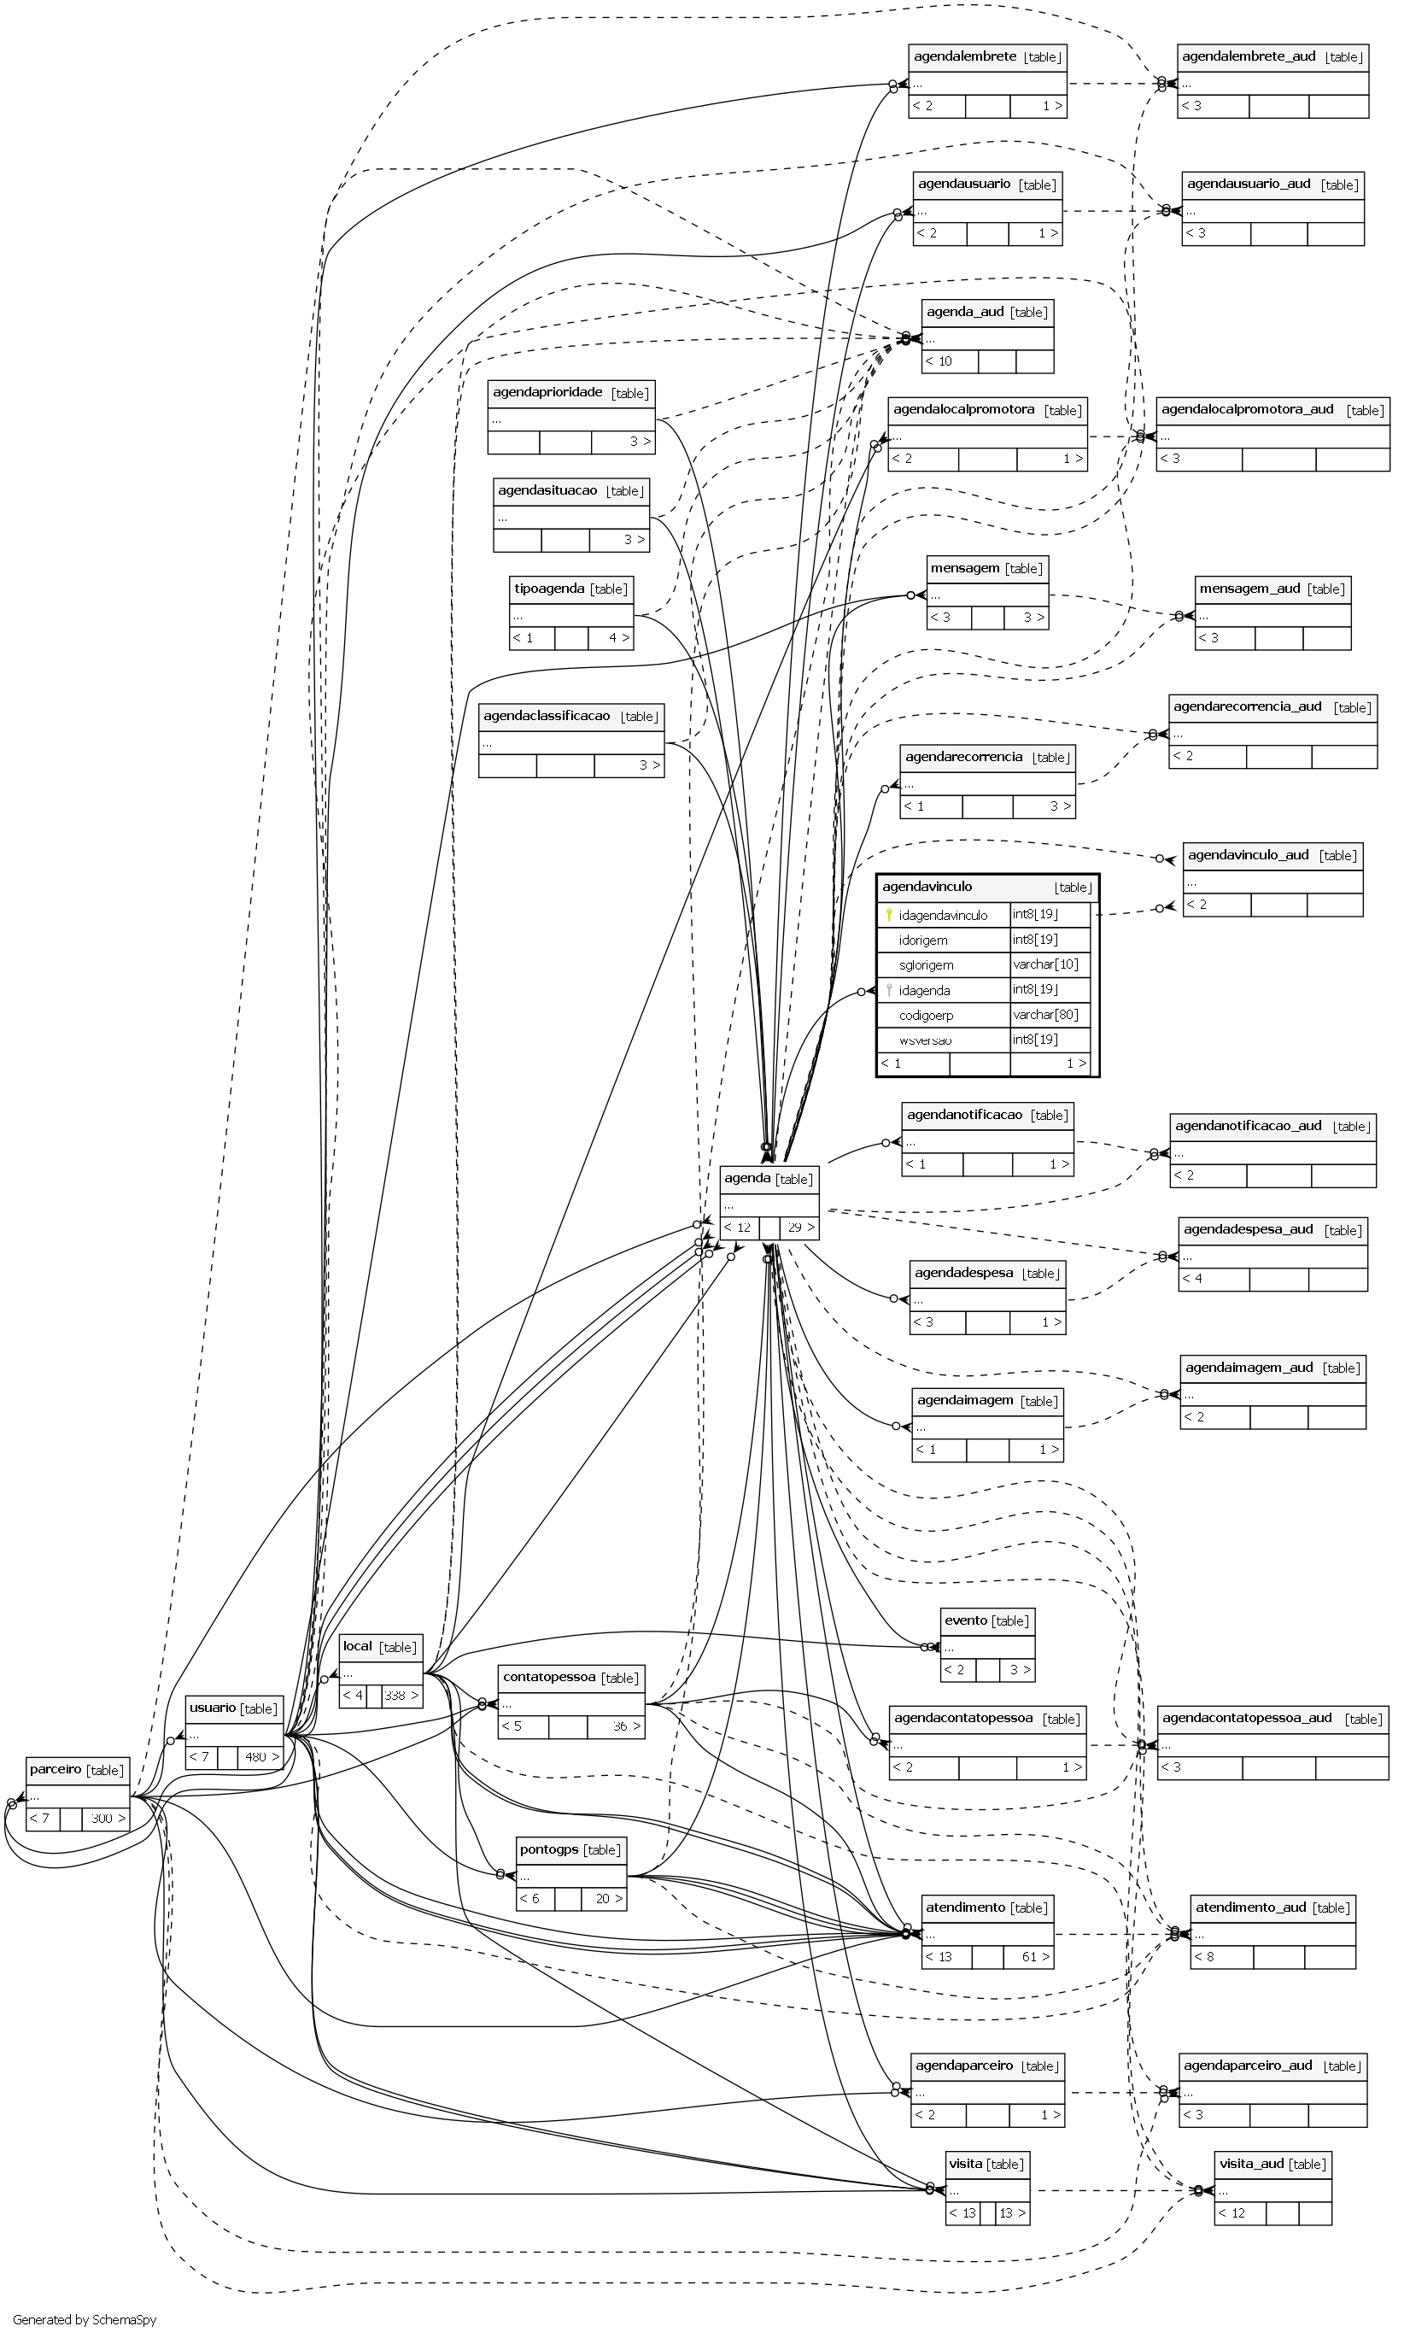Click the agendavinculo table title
tap(927, 887)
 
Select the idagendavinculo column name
tap(943, 915)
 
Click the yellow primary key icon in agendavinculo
tap(889, 915)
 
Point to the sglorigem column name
tap(927, 965)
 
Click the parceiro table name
tap(55, 1768)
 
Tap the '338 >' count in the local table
tap(401, 1695)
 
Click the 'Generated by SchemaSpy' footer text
tap(85, 2319)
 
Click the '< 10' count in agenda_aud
tap(939, 360)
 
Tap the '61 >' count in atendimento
tap(1035, 1956)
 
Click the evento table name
tap(965, 1620)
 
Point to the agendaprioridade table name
tap(547, 392)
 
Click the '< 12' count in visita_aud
tap(1232, 2212)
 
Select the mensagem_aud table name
tap(1249, 589)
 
